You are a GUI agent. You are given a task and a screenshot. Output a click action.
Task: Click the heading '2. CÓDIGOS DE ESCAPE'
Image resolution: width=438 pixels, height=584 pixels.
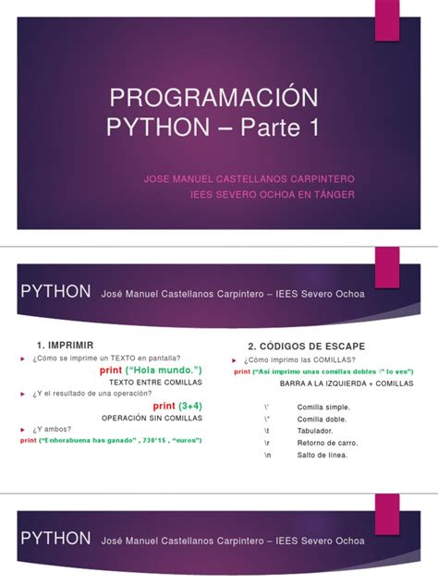(x=301, y=345)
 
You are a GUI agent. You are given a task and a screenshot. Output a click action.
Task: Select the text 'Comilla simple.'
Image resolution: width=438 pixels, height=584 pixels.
(x=322, y=407)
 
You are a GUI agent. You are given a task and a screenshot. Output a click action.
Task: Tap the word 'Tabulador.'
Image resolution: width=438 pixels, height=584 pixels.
(x=317, y=430)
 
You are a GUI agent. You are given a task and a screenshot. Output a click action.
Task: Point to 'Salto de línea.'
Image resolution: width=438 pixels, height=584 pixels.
(x=322, y=454)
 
